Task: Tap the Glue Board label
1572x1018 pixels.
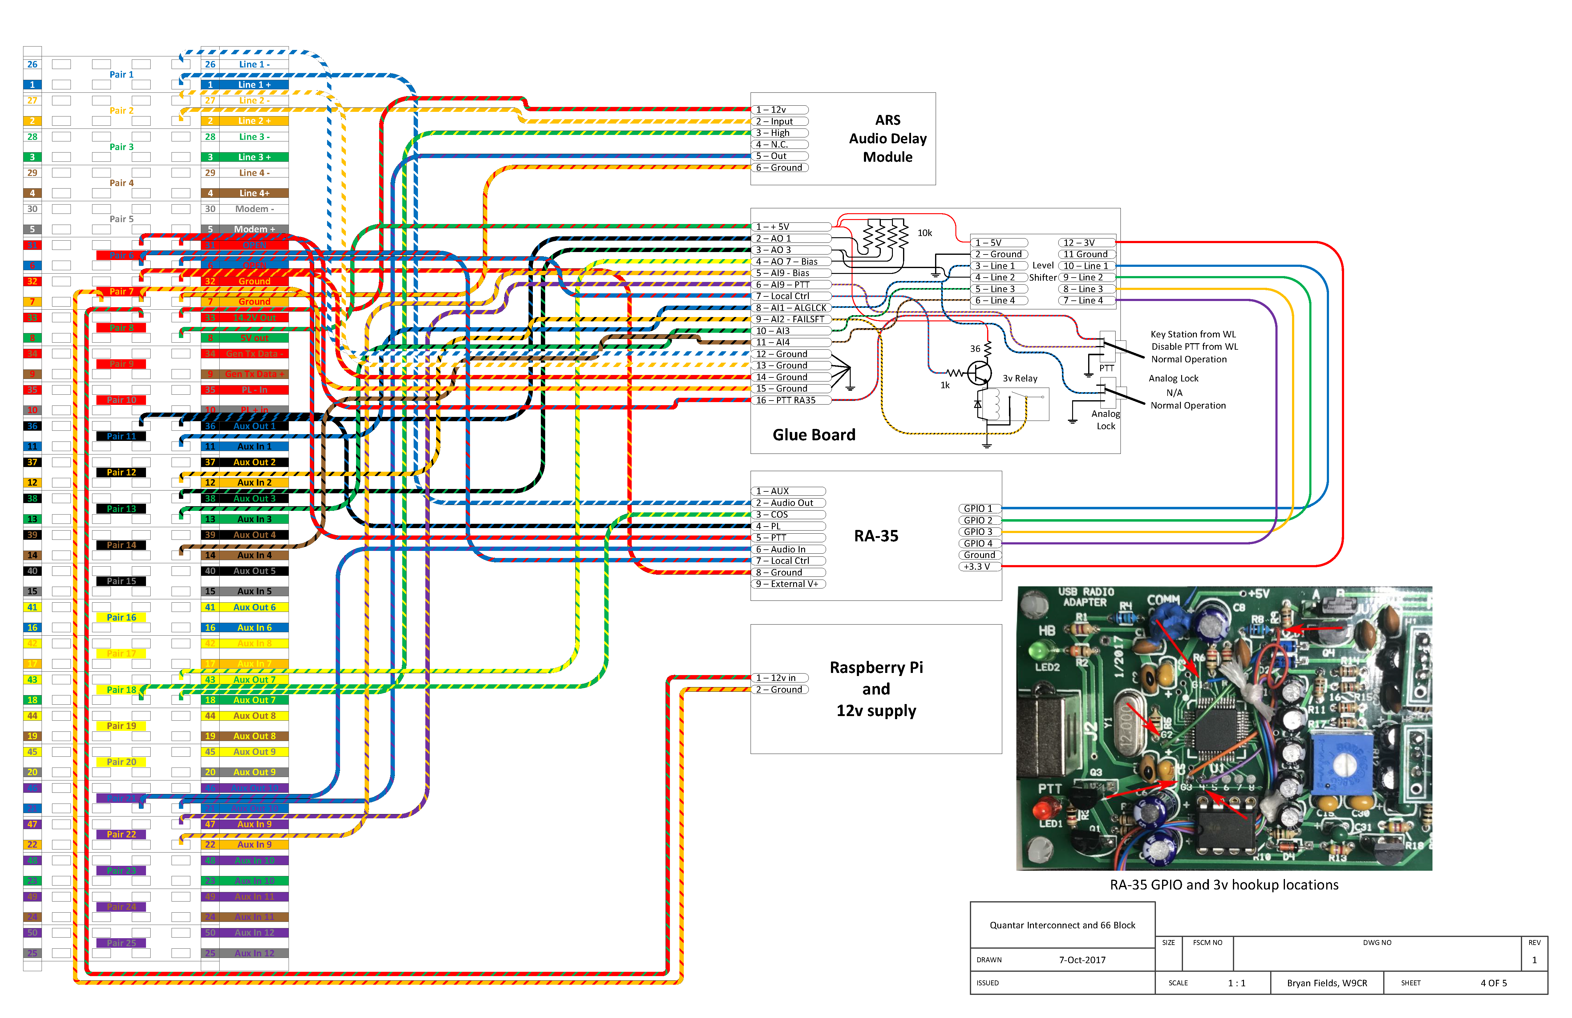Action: pyautogui.click(x=814, y=435)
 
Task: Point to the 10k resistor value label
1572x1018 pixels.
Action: pyautogui.click(x=925, y=233)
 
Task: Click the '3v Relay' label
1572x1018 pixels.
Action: pyautogui.click(x=1020, y=379)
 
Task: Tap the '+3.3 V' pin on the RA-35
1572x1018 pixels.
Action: pyautogui.click(x=978, y=567)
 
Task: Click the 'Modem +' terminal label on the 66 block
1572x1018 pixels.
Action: pyautogui.click(x=254, y=229)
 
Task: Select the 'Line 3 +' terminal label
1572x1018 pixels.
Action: pyautogui.click(x=254, y=157)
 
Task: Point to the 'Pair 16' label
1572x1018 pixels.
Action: pyautogui.click(x=122, y=618)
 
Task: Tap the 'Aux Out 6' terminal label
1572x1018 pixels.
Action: pyautogui.click(x=254, y=607)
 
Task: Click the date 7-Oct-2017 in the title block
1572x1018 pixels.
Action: pyautogui.click(x=1082, y=960)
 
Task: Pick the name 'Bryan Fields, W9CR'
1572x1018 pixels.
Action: pyautogui.click(x=1327, y=983)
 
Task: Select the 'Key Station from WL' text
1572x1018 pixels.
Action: pyautogui.click(x=1193, y=334)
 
